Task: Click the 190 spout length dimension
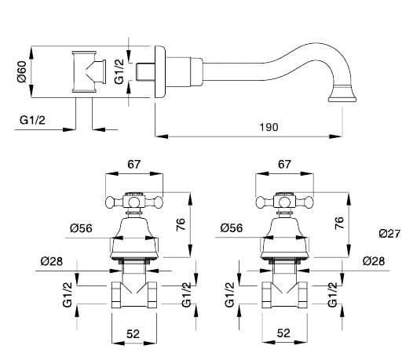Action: click(269, 127)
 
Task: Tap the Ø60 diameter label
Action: click(22, 71)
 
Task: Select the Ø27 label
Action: click(389, 234)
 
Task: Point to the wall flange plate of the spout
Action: click(160, 72)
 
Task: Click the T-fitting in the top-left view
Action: click(89, 71)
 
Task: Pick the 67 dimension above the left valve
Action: click(134, 164)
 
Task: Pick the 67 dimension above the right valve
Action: click(284, 164)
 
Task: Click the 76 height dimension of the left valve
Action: click(181, 224)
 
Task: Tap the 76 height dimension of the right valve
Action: click(339, 223)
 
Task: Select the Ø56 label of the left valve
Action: click(81, 228)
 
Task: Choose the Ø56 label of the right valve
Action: click(232, 228)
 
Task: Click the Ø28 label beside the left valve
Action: click(52, 261)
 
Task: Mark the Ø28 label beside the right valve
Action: click(374, 261)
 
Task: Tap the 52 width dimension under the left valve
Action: click(133, 334)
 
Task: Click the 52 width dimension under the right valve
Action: click(283, 333)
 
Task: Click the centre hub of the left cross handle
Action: click(134, 202)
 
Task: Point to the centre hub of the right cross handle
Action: click(284, 202)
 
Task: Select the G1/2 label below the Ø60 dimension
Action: click(32, 120)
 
